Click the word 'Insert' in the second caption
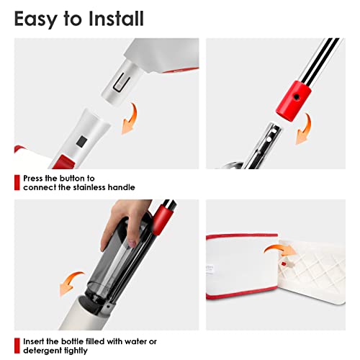[36, 341]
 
